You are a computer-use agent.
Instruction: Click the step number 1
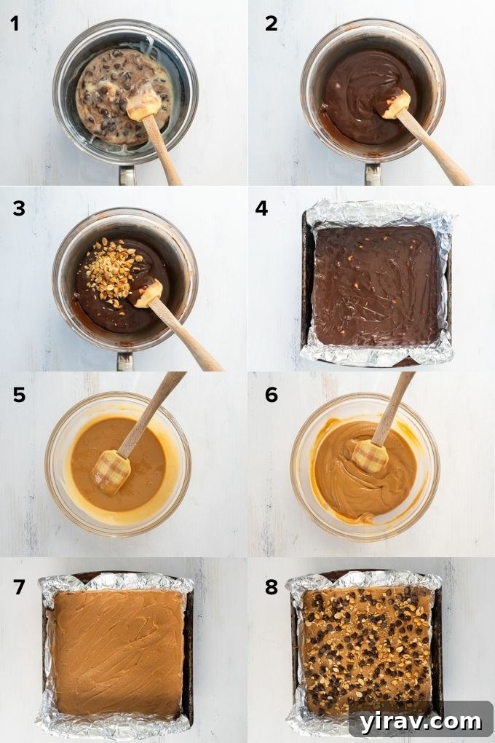click(x=15, y=23)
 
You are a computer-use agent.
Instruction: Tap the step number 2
click(x=271, y=23)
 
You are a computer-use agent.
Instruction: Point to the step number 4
click(x=262, y=208)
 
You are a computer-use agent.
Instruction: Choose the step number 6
click(x=271, y=395)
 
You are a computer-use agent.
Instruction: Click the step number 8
click(x=271, y=587)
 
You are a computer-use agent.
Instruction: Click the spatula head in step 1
click(x=143, y=104)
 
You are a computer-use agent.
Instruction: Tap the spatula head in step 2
click(x=396, y=103)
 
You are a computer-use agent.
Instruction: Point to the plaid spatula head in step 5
click(x=111, y=471)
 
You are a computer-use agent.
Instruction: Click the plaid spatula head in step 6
click(x=369, y=457)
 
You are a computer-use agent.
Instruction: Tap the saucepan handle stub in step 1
click(x=127, y=176)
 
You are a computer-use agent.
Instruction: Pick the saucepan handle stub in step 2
click(x=373, y=175)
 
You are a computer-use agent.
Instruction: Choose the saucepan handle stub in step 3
click(x=126, y=361)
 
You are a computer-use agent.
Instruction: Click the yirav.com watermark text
click(x=419, y=721)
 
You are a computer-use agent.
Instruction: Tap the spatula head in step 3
click(x=148, y=292)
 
